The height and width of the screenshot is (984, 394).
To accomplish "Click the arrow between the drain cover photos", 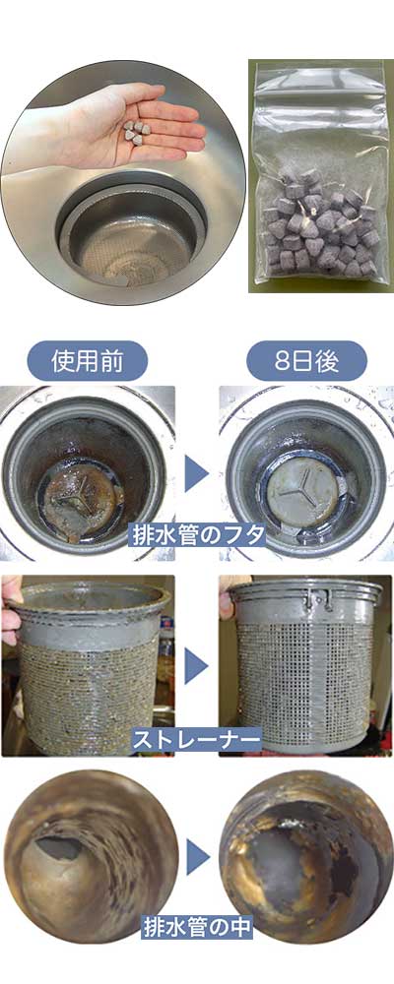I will pyautogui.click(x=197, y=474).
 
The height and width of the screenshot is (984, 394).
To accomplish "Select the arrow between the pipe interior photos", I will pyautogui.click(x=197, y=856).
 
